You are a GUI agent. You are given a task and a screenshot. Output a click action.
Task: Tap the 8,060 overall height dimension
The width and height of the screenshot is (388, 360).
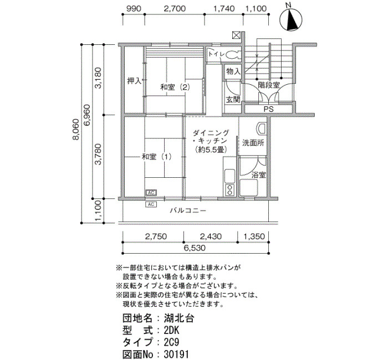click(76, 130)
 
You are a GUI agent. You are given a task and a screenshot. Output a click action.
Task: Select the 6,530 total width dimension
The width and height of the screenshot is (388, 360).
click(195, 248)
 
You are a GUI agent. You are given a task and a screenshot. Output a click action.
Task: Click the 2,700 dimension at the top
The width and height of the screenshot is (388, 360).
click(175, 9)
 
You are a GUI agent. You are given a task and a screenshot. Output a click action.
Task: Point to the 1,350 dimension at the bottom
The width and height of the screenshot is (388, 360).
click(254, 236)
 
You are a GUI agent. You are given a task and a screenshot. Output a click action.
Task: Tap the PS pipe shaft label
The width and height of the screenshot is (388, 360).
click(268, 109)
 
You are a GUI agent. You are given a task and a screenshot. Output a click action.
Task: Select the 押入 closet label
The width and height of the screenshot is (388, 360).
click(134, 81)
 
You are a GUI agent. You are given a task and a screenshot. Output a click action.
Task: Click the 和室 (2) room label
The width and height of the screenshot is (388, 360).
click(175, 88)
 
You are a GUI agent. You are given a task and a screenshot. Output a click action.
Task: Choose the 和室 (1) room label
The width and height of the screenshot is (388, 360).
click(156, 157)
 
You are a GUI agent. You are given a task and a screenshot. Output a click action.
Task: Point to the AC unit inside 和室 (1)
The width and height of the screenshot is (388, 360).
click(151, 192)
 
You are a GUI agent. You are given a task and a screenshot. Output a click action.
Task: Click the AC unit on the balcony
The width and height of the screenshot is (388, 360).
click(151, 204)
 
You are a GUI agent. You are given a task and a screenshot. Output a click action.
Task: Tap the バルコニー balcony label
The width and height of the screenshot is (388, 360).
click(188, 210)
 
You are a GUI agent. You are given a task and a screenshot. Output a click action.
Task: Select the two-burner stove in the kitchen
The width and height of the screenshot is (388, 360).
click(229, 190)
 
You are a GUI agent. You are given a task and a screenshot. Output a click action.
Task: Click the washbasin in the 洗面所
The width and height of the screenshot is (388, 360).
click(261, 129)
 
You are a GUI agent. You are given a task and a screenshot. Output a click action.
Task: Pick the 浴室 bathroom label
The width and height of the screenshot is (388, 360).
click(259, 175)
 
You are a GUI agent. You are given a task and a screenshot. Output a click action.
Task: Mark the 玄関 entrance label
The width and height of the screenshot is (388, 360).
click(233, 100)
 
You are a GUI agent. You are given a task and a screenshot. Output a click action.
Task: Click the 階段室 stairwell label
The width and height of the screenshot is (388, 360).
click(269, 85)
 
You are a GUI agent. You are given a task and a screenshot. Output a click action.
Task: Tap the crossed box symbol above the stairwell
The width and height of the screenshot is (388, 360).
click(236, 35)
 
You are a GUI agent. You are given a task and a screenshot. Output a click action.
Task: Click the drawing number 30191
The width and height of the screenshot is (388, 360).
click(176, 354)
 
